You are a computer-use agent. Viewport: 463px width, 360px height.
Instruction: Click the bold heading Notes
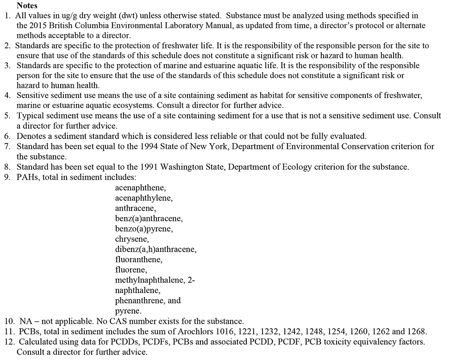[27, 6]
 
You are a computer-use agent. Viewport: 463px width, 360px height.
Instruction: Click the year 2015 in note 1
[38, 25]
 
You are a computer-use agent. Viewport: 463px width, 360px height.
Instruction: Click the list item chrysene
[131, 239]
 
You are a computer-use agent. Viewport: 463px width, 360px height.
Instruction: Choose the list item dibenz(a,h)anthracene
[156, 249]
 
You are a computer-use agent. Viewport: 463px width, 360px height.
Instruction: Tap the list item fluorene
[131, 270]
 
